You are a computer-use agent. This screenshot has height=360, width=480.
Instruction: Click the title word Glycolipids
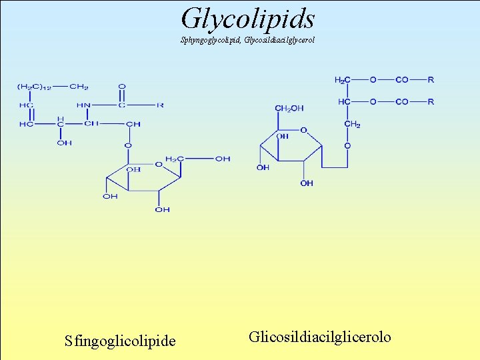click(x=247, y=18)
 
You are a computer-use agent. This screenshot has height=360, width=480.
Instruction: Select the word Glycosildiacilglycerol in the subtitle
click(x=279, y=40)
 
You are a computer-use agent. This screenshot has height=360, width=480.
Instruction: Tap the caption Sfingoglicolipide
click(x=120, y=341)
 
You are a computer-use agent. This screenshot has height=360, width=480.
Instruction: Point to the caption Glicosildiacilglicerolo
click(x=320, y=337)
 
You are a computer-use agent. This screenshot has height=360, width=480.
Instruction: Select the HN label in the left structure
click(x=83, y=105)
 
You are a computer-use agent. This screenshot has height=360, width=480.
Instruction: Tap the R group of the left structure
click(x=160, y=105)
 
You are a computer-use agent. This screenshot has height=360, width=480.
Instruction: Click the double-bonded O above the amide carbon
click(x=121, y=87)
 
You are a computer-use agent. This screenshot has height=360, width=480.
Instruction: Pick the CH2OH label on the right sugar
click(x=289, y=108)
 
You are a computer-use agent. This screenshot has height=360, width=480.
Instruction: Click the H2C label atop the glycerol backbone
click(x=341, y=80)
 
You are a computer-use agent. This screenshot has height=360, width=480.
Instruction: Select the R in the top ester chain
click(x=431, y=80)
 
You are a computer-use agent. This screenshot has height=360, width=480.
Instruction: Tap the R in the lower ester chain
click(x=431, y=102)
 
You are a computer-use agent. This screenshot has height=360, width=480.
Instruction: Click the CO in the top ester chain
click(x=402, y=80)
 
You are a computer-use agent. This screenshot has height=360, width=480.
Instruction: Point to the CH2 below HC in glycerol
click(x=352, y=124)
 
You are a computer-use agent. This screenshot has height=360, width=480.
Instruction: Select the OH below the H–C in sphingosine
click(x=64, y=143)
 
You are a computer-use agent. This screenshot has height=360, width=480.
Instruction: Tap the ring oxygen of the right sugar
click(x=303, y=131)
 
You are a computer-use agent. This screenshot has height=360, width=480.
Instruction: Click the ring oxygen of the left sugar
click(x=158, y=164)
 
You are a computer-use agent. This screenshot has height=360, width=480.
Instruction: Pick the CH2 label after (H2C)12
click(x=79, y=87)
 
